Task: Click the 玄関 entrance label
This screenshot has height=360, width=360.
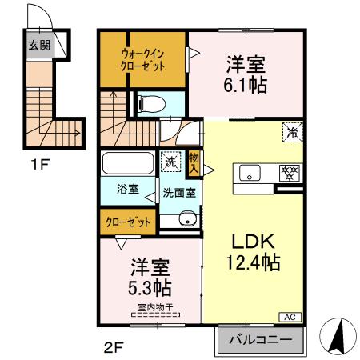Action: (39, 45)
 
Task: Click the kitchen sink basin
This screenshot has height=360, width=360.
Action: (249, 174)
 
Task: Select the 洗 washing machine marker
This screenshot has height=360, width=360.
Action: (170, 160)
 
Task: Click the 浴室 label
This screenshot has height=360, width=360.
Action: (128, 190)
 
